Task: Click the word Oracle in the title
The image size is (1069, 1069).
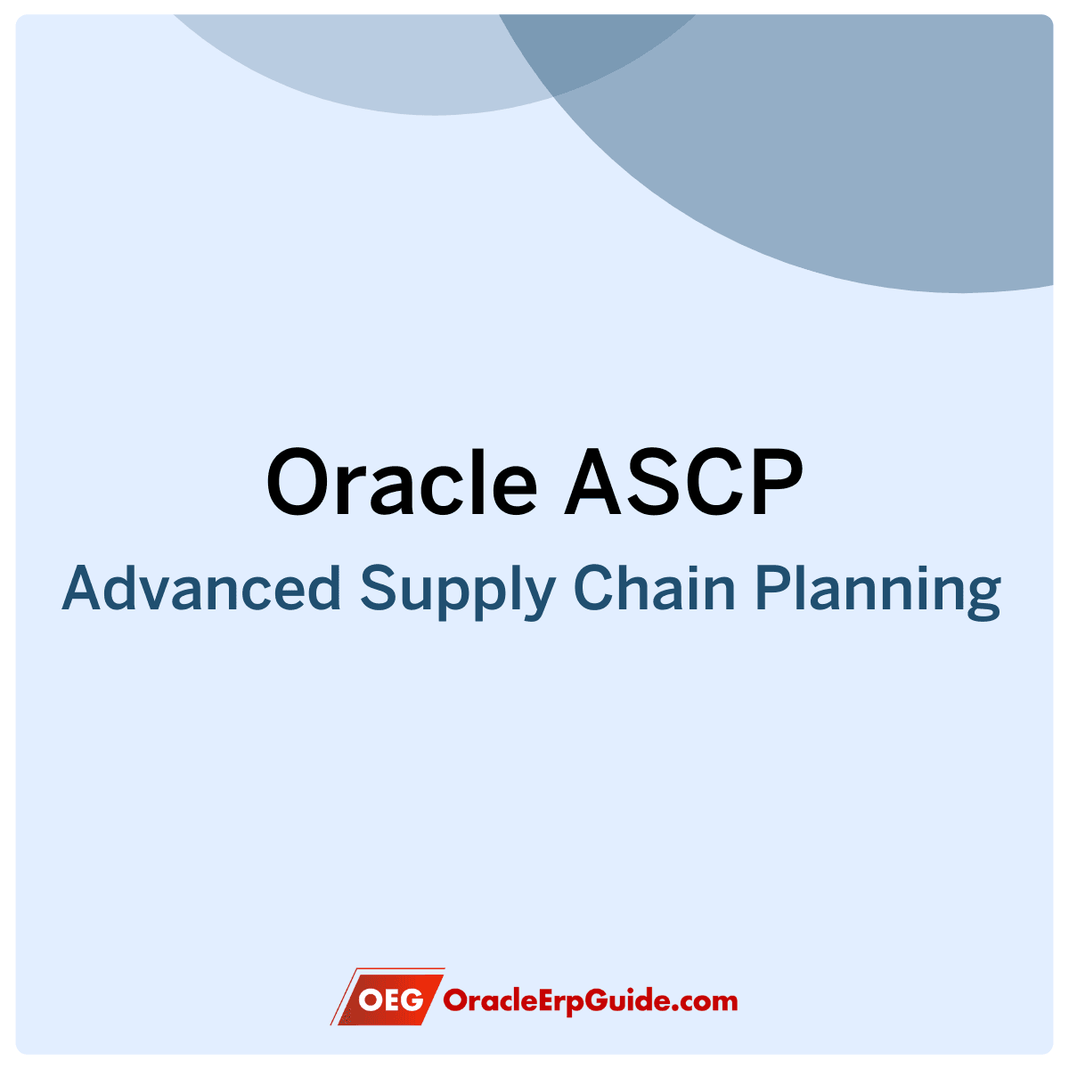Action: pyautogui.click(x=402, y=482)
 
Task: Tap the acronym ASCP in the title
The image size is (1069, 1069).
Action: pyautogui.click(x=683, y=482)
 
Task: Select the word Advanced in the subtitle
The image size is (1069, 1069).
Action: pyautogui.click(x=201, y=587)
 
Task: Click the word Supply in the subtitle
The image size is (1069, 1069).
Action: pyautogui.click(x=458, y=592)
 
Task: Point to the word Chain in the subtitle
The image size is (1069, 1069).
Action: pyautogui.click(x=655, y=587)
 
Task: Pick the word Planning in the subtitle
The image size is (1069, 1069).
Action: pyautogui.click(x=878, y=592)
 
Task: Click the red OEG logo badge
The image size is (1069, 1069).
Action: pyautogui.click(x=388, y=1000)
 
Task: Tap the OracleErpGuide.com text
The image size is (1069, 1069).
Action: pyautogui.click(x=591, y=1001)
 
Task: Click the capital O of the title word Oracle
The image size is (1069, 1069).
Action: pyautogui.click(x=299, y=482)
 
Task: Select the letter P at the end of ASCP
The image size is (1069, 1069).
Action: pyautogui.click(x=778, y=482)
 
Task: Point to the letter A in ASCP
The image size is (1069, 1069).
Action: pyautogui.click(x=593, y=482)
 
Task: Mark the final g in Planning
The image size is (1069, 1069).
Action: pyautogui.click(x=983, y=598)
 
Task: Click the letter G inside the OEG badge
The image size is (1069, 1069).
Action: pyautogui.click(x=411, y=1000)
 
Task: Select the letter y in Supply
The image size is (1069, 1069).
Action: pyautogui.click(x=538, y=598)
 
